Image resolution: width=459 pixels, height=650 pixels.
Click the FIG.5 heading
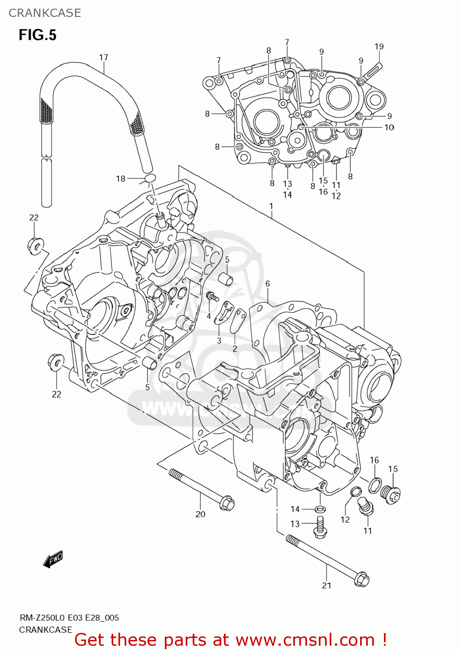tap(37, 35)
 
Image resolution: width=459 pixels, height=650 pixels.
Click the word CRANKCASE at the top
tap(45, 13)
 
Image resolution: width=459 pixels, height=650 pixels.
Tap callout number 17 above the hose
tap(103, 58)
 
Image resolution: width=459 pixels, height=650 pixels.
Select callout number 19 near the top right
tap(379, 47)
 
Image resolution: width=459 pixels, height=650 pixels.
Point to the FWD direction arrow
tap(53, 559)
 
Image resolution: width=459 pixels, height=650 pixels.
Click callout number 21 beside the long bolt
tap(327, 585)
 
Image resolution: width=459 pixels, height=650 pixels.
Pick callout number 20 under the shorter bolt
tap(200, 514)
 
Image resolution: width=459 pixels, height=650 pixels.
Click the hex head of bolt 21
tap(361, 579)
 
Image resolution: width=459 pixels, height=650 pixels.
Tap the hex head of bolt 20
tap(227, 504)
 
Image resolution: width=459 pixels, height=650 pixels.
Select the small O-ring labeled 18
tap(150, 178)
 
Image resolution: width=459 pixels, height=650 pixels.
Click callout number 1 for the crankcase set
tap(271, 206)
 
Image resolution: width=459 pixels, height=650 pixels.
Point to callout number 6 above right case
tap(268, 284)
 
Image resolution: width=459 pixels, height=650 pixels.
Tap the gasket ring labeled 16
tap(375, 485)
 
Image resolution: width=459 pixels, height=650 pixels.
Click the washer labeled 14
tap(319, 509)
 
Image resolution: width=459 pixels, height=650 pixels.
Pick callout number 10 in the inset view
tap(389, 127)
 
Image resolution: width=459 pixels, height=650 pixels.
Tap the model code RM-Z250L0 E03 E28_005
tap(69, 618)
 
